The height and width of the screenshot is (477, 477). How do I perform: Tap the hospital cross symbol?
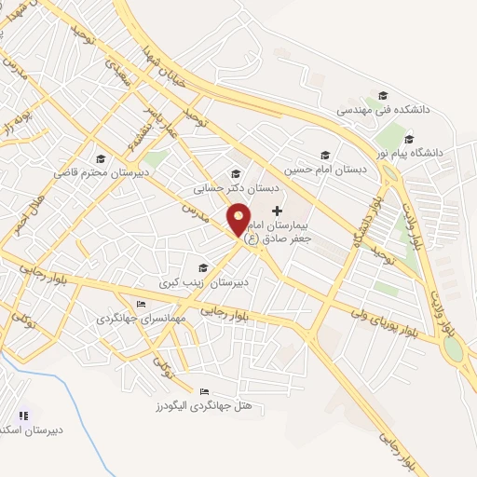pos(277,211)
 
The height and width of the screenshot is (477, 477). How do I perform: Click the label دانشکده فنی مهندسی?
pos(382,110)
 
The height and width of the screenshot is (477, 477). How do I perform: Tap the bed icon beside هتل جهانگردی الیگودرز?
pos(205,391)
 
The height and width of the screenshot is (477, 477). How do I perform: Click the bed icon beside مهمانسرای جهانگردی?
pos(141,304)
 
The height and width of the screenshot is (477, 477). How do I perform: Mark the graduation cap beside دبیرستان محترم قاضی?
pos(101,157)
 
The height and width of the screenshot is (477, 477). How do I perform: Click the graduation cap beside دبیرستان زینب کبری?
pos(202,268)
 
